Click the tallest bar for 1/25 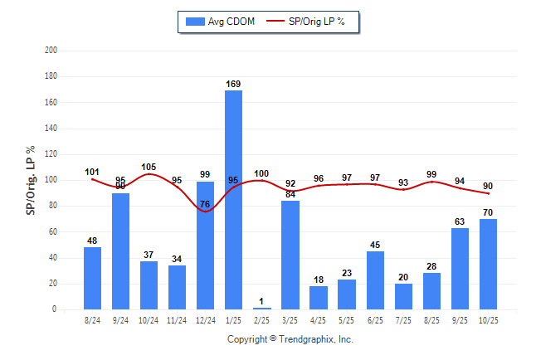pos(233,199)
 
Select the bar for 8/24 pos(92,278)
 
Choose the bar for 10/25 pos(488,264)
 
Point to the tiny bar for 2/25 pos(262,309)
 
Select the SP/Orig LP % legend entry pos(315,22)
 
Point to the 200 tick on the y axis pos(51,51)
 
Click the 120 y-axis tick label pos(51,154)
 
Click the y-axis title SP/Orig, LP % pos(31,180)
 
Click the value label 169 pos(233,84)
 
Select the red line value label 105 pos(149,167)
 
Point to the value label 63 pos(460,221)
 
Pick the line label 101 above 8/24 pos(92,173)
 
